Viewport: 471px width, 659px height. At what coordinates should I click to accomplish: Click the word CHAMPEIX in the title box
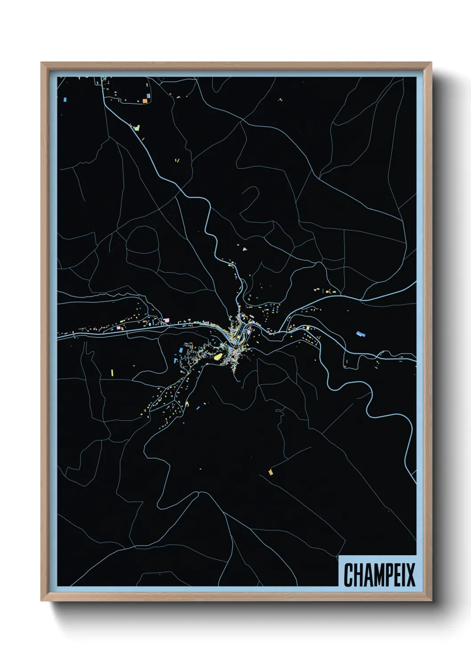click(379, 574)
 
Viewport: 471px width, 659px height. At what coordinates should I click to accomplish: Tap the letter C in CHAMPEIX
click(348, 574)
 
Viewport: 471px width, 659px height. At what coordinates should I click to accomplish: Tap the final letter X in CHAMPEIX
click(411, 574)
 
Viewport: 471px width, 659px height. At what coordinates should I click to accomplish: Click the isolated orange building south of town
click(270, 472)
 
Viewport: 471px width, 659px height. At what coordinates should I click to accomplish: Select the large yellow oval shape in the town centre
click(218, 356)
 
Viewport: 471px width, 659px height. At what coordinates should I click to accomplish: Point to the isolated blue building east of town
click(361, 334)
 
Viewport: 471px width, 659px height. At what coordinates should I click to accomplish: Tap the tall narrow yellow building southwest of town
click(112, 372)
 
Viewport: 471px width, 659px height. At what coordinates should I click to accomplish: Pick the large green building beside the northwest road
click(137, 128)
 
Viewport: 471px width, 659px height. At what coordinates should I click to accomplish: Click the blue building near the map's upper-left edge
click(65, 100)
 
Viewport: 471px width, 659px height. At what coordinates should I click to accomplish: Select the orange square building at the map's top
click(145, 101)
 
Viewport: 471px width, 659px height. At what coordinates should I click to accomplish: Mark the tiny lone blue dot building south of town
click(200, 469)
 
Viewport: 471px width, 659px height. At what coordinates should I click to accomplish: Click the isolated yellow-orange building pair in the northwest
click(177, 160)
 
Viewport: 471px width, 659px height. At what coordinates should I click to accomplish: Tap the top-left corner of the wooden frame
click(42, 63)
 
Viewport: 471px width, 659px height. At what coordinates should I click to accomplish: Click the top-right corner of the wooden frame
click(431, 63)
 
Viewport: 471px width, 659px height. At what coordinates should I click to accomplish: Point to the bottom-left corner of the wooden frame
click(42, 601)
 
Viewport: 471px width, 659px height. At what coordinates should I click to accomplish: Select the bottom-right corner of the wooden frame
click(431, 601)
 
